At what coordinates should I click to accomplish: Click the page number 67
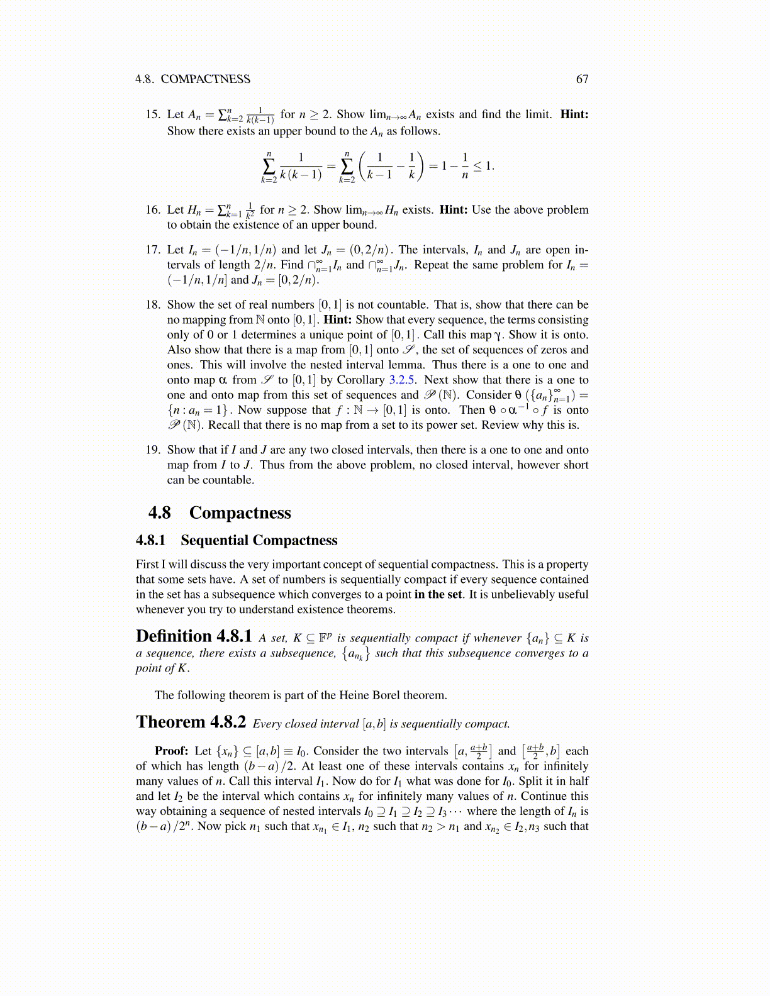(x=582, y=79)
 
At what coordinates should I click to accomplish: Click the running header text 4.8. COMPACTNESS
(x=192, y=79)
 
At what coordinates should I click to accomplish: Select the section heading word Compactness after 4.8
(x=240, y=513)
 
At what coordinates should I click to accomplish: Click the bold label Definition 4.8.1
(x=194, y=636)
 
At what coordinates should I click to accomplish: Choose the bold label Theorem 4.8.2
(x=191, y=722)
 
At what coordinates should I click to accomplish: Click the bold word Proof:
(x=172, y=751)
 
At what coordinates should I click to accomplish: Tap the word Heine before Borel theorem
(x=354, y=695)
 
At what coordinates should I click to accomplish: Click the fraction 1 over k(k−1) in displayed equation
(x=301, y=166)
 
